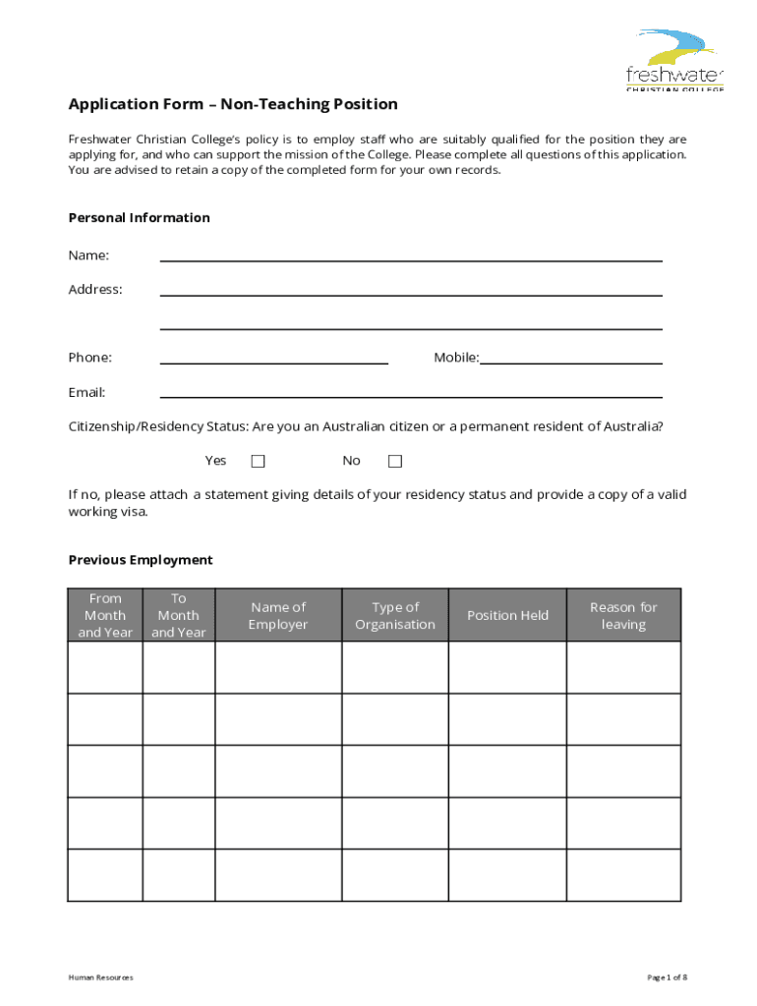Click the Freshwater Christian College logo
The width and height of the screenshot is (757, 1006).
pos(674,61)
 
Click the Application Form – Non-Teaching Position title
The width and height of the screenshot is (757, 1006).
pos(233,104)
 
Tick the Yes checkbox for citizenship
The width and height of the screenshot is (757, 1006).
pos(258,461)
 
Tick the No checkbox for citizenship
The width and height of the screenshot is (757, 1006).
pos(395,461)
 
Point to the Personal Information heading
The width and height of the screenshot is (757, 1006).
pos(139,218)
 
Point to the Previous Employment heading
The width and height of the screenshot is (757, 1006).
pos(141,560)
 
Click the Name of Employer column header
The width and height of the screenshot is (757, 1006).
pos(278,616)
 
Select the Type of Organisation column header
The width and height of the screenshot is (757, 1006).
pos(395,616)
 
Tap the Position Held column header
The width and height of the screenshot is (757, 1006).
pos(507,616)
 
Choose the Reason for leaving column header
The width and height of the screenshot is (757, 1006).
pos(623,616)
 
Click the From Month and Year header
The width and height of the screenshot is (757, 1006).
pos(105,616)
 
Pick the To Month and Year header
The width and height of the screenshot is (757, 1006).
pos(178,616)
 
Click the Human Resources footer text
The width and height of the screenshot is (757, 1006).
pos(100,978)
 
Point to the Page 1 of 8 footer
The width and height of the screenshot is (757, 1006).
pos(667,978)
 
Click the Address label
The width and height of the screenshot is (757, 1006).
pos(95,290)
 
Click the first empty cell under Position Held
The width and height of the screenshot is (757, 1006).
pos(507,667)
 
